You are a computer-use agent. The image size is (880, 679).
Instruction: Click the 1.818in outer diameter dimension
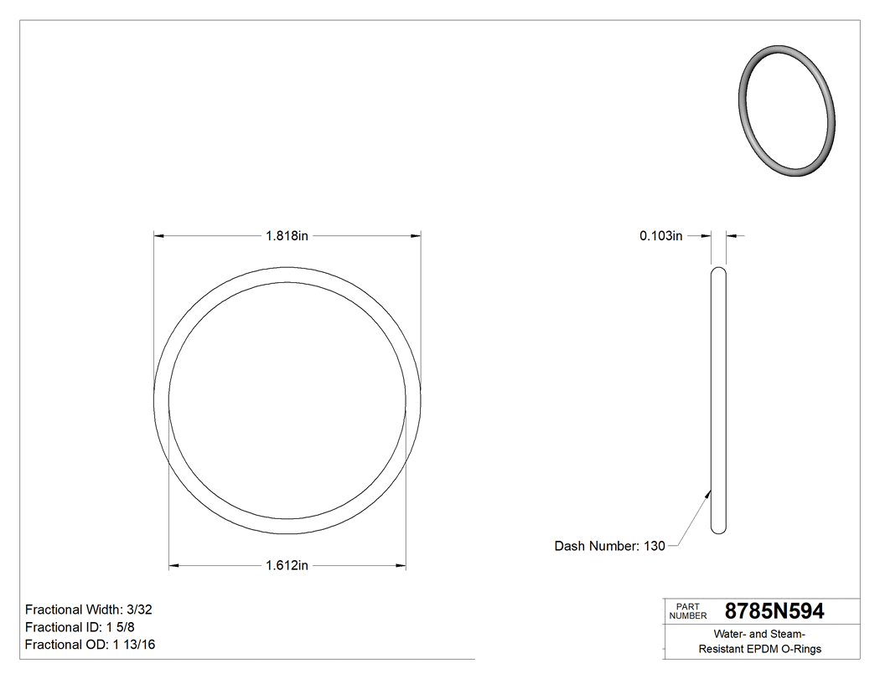(287, 236)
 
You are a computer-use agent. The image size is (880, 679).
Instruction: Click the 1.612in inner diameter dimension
(287, 566)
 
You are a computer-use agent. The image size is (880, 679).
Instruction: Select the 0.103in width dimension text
(661, 236)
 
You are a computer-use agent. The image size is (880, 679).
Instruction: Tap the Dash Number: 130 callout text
(609, 546)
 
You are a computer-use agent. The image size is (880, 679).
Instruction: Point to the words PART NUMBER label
(688, 611)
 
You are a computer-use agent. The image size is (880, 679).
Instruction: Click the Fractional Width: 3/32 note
(88, 610)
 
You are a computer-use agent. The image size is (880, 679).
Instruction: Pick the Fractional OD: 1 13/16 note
(90, 645)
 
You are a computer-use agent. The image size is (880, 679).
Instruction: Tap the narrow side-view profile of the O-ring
(718, 400)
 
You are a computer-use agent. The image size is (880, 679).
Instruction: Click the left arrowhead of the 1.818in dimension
(158, 236)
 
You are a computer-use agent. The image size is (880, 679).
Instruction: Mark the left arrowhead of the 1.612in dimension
(174, 566)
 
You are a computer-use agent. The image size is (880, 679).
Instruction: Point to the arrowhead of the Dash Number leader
(708, 494)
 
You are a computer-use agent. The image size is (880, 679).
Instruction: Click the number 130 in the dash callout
(654, 546)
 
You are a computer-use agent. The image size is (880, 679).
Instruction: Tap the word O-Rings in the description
(803, 649)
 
